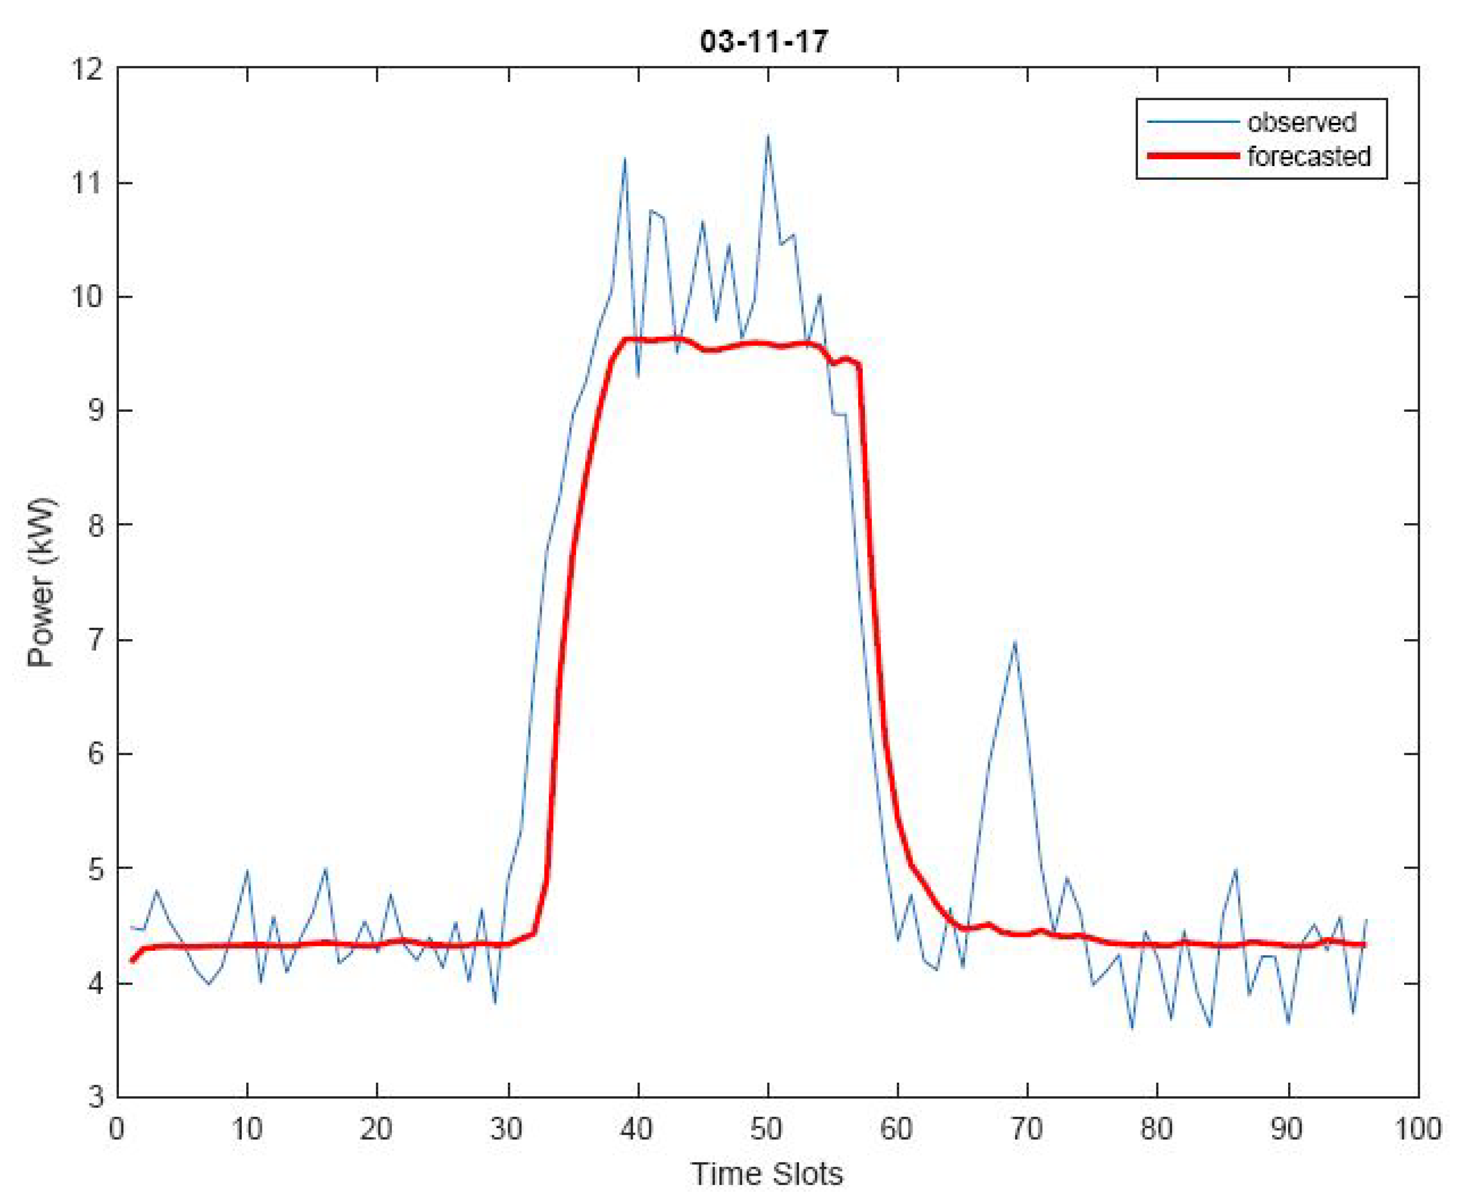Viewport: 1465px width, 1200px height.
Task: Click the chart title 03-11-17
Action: pyautogui.click(x=763, y=42)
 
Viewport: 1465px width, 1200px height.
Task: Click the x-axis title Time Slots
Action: pyautogui.click(x=767, y=1173)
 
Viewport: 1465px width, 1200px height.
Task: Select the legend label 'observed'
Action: pyautogui.click(x=1301, y=122)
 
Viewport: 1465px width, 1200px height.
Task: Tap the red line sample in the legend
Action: pyautogui.click(x=1193, y=156)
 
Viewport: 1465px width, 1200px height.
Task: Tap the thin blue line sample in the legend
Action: pyautogui.click(x=1193, y=122)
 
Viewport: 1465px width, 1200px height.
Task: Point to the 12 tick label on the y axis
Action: pyautogui.click(x=86, y=69)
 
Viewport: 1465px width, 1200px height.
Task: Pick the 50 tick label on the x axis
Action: pyautogui.click(x=766, y=1129)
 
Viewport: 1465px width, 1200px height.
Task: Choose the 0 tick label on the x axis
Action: pyautogui.click(x=117, y=1129)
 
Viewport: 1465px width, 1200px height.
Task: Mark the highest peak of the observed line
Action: pyautogui.click(x=767, y=136)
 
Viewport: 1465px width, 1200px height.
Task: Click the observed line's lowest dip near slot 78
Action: pyautogui.click(x=1131, y=1028)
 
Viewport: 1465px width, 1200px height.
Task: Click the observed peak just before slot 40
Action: pyautogui.click(x=624, y=159)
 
